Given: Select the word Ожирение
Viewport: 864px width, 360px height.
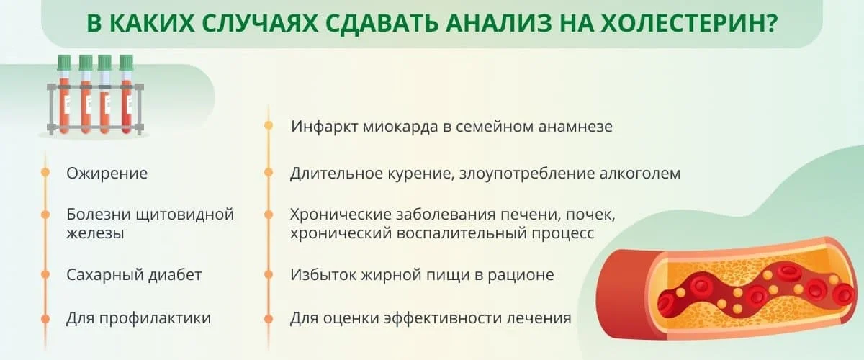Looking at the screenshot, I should pyautogui.click(x=107, y=173).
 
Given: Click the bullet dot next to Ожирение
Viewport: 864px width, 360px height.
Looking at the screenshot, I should pyautogui.click(x=45, y=173).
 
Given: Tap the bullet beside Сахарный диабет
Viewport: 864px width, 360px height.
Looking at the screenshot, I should pyautogui.click(x=45, y=275).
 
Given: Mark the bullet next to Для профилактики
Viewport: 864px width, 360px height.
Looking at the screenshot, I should pyautogui.click(x=45, y=318).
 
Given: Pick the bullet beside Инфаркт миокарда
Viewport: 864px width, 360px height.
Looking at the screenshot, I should pyautogui.click(x=269, y=125).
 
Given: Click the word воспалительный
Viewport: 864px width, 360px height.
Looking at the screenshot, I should pyautogui.click(x=431, y=234).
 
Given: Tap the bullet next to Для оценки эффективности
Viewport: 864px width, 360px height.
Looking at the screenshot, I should pyautogui.click(x=269, y=318).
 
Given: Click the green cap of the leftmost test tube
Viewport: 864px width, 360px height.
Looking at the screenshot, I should pyautogui.click(x=65, y=63).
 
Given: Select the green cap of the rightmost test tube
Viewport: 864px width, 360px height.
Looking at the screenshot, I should pyautogui.click(x=127, y=63).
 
